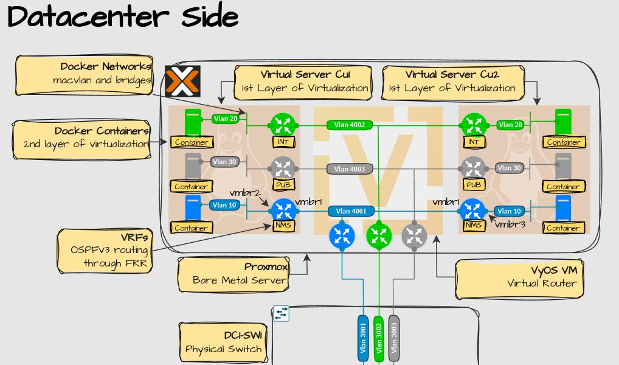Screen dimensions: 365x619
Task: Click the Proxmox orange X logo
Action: coord(178,82)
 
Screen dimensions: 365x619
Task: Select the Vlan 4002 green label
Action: coord(350,125)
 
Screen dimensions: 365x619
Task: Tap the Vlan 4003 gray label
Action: coord(350,169)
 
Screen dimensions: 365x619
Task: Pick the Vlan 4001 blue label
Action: coord(351,212)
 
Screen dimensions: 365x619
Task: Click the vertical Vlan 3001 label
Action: coord(363,338)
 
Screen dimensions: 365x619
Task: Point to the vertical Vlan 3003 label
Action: coord(393,338)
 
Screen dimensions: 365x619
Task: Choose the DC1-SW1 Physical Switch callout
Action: coord(224,342)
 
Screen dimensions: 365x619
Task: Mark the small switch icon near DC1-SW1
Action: coord(281,313)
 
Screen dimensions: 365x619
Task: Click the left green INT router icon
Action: coord(282,125)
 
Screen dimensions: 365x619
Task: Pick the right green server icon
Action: coord(564,121)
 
